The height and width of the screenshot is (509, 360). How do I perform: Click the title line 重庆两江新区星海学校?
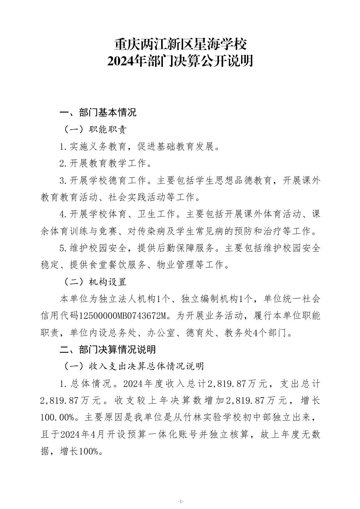coord(180,45)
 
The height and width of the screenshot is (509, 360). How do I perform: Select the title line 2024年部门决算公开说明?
coord(180,61)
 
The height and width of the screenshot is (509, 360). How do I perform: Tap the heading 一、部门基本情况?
coord(98,113)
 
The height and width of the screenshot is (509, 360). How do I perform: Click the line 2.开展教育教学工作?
coord(106,163)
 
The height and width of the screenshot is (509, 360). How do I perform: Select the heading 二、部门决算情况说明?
coord(108,350)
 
